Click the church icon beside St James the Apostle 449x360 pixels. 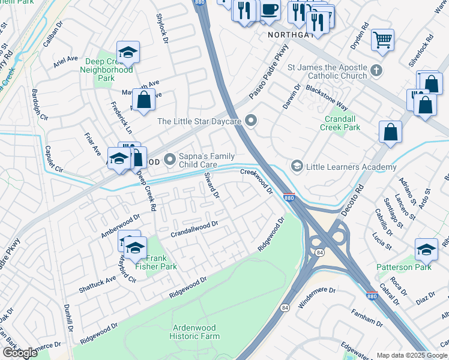point(376,71)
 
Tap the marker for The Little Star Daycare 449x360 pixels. point(252,121)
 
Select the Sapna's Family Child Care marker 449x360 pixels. point(170,160)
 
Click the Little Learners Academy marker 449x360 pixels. point(297,165)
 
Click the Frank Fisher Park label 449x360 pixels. point(156,262)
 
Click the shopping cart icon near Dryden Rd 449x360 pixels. point(382,41)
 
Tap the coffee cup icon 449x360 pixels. point(270,9)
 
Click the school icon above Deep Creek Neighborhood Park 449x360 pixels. point(127,52)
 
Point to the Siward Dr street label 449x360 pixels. point(213,187)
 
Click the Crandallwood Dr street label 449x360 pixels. point(194,229)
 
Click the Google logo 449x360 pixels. point(20,352)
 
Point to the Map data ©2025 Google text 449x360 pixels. point(411,355)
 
